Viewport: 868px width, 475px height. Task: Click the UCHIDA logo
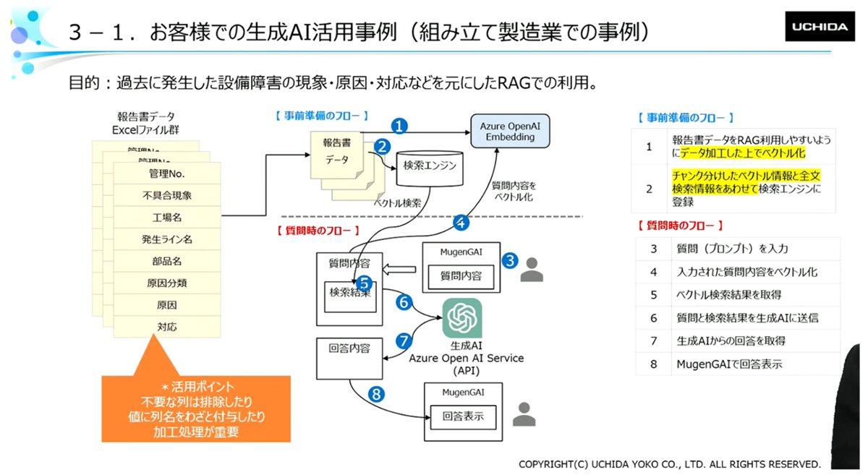click(x=820, y=26)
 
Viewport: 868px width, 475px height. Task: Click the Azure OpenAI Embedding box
click(x=510, y=132)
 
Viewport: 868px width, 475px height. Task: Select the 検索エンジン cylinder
click(x=430, y=168)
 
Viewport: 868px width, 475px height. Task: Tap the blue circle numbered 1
click(x=399, y=126)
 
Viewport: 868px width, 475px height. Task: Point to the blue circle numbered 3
click(x=510, y=261)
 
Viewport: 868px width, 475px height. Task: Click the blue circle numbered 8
click(x=376, y=395)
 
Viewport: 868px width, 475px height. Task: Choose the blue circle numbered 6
click(x=404, y=302)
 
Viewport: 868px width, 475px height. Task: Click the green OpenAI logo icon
click(x=462, y=317)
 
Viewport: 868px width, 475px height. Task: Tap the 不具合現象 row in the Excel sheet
click(x=167, y=195)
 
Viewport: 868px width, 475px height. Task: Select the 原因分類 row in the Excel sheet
click(x=167, y=283)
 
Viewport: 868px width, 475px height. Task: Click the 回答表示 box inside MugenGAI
click(x=463, y=417)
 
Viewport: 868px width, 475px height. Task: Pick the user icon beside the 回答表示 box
click(x=524, y=414)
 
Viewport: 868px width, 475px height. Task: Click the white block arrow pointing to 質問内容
click(x=399, y=269)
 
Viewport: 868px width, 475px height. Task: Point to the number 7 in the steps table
click(x=654, y=341)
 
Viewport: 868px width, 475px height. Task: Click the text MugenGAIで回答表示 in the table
click(x=729, y=364)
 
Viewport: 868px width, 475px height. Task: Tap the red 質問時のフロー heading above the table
click(x=681, y=226)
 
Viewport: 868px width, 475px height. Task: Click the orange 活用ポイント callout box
click(x=196, y=408)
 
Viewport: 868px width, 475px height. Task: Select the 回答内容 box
click(x=349, y=359)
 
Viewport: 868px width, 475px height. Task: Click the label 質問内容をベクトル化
click(x=514, y=192)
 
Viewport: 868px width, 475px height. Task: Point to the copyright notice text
click(x=670, y=464)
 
